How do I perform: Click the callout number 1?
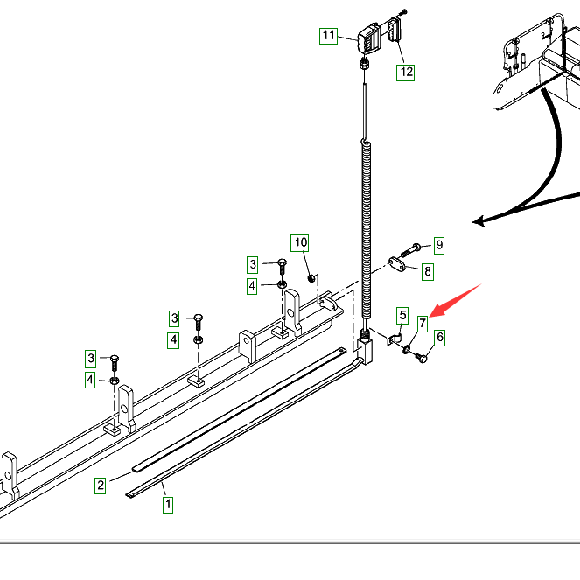(x=168, y=504)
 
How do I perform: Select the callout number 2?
(x=101, y=485)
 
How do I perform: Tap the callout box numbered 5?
(x=402, y=315)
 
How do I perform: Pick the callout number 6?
(x=440, y=337)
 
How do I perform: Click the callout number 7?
(x=423, y=324)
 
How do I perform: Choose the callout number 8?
(x=428, y=271)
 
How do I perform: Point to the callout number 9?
(x=439, y=244)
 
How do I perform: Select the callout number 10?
(x=301, y=241)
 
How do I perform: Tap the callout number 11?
(x=328, y=36)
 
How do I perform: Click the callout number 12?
(x=406, y=72)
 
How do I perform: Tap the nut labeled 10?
(x=311, y=277)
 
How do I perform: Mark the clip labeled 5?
(x=391, y=339)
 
